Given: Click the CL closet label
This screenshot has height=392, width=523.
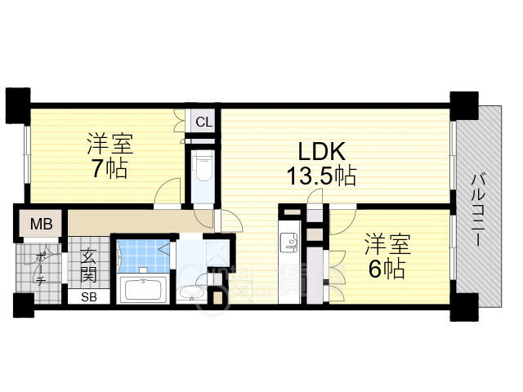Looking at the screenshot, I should [x=203, y=122].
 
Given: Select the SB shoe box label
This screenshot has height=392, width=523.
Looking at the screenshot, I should [x=88, y=296].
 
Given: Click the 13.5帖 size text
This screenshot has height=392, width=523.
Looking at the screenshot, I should [x=320, y=175].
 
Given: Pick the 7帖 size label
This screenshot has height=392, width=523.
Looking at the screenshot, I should [x=108, y=170].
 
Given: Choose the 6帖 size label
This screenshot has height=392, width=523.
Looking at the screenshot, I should [x=386, y=269].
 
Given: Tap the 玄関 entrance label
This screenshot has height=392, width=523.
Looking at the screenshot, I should [x=88, y=263].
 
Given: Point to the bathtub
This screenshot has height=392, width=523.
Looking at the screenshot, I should [x=143, y=290].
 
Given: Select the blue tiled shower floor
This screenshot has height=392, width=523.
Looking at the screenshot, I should [x=142, y=256].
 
